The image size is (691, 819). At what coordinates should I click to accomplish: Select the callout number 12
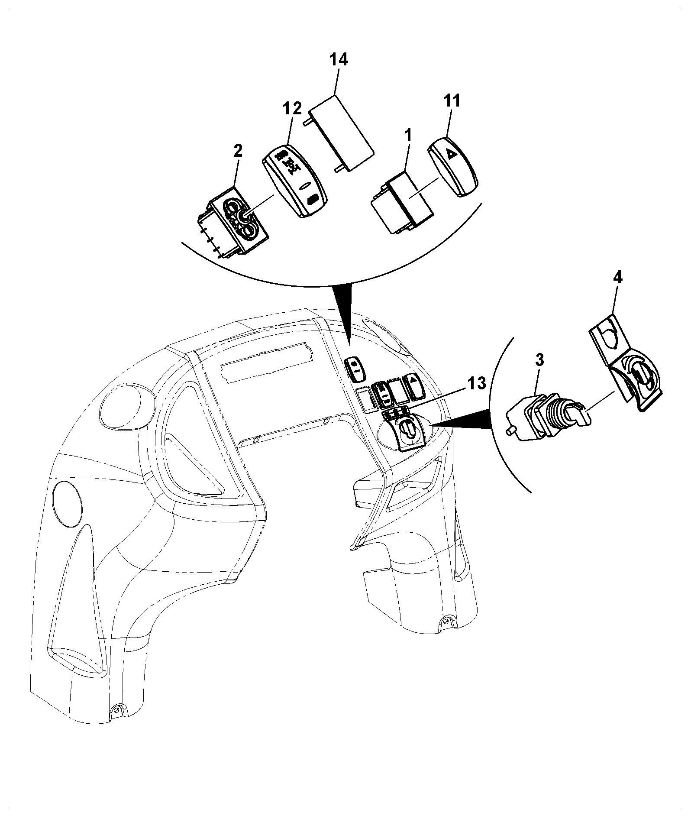pyautogui.click(x=293, y=108)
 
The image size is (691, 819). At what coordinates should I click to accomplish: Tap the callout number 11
pyautogui.click(x=452, y=101)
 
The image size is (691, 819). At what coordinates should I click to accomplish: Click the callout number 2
pyautogui.click(x=238, y=152)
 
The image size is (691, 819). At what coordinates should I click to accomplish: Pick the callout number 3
pyautogui.click(x=539, y=360)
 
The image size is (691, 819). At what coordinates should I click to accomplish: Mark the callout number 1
pyautogui.click(x=408, y=136)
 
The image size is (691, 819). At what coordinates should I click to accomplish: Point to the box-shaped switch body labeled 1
pyautogui.click(x=403, y=204)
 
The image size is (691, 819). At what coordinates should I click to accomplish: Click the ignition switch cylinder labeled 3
pyautogui.click(x=549, y=418)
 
